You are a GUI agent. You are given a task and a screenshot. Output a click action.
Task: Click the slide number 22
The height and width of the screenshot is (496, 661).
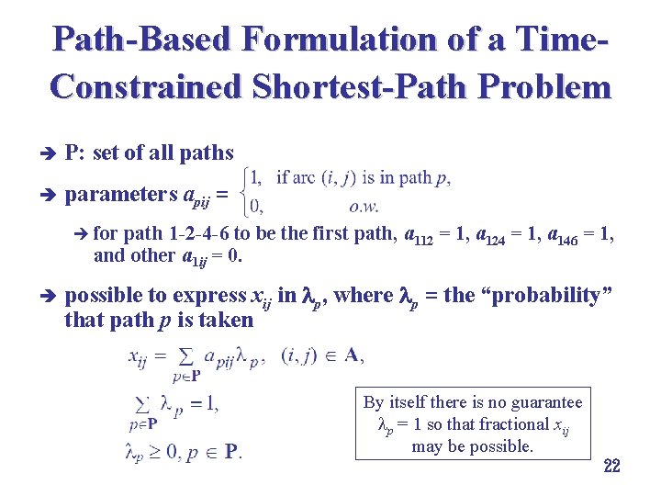(x=611, y=466)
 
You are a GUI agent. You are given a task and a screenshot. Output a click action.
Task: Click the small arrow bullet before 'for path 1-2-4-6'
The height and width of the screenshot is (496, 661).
(x=82, y=234)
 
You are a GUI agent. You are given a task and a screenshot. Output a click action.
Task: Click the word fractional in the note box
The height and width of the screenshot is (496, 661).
(x=507, y=424)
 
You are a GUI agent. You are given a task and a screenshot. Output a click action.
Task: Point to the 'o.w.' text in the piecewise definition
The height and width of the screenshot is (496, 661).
(x=364, y=206)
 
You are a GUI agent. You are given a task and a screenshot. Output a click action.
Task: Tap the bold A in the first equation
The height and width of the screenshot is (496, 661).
(x=351, y=355)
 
